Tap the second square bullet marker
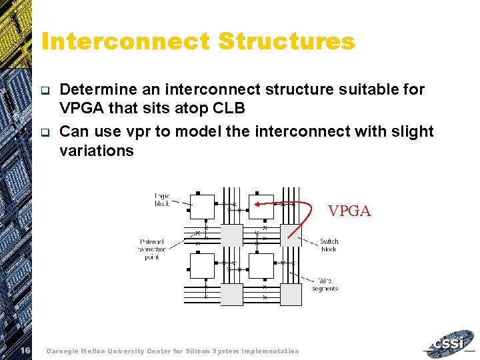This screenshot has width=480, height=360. click(45, 132)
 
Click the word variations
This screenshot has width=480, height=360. click(97, 151)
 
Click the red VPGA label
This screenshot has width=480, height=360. click(349, 211)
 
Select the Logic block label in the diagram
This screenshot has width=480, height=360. click(162, 199)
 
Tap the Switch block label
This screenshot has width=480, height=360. click(329, 245)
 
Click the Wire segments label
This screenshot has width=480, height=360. click(325, 285)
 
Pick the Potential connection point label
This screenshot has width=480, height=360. click(153, 249)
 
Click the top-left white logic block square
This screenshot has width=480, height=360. click(202, 207)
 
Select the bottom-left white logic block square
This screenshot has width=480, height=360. click(202, 265)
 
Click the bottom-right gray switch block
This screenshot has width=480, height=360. click(291, 294)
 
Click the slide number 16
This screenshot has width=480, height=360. click(24, 351)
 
